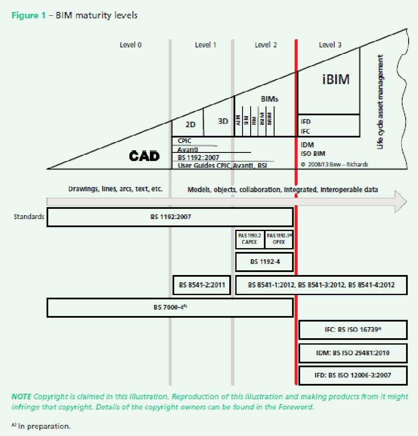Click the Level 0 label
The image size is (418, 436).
(131, 45)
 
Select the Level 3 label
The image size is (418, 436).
(330, 45)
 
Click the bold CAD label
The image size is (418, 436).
(144, 156)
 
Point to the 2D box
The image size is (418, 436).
(190, 125)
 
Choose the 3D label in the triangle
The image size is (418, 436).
(223, 121)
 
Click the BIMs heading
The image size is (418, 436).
(269, 99)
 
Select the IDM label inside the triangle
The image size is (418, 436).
(307, 145)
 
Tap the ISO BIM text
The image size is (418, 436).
(313, 154)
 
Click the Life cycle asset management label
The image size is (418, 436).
(380, 102)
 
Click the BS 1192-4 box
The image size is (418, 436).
(265, 262)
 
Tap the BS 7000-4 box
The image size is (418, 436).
(170, 307)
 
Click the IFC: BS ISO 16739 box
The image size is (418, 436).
(353, 330)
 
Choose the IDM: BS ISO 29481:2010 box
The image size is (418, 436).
(353, 353)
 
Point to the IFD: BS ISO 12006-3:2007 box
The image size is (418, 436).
(353, 375)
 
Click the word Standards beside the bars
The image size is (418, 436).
(29, 217)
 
